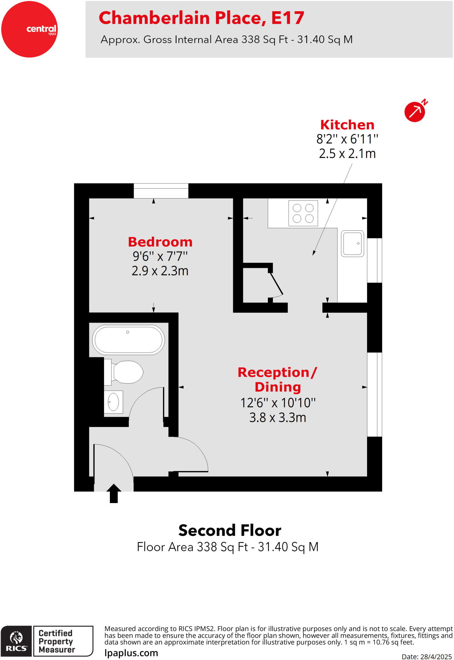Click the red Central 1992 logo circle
tap(29, 29)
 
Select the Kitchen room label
tap(347, 125)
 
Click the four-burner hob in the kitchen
tap(303, 213)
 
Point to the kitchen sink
tap(353, 244)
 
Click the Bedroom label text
tap(160, 242)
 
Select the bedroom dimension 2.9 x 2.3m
tap(160, 271)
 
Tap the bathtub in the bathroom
tap(128, 340)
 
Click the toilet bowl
tap(127, 372)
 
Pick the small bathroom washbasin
tap(113, 402)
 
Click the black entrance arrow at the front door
tap(114, 493)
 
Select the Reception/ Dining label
tap(277, 379)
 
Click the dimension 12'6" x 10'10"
tap(278, 403)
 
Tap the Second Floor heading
tap(230, 530)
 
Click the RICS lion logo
tap(16, 641)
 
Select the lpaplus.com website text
tap(131, 653)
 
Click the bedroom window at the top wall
tap(161, 191)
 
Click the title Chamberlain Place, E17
tap(201, 18)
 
